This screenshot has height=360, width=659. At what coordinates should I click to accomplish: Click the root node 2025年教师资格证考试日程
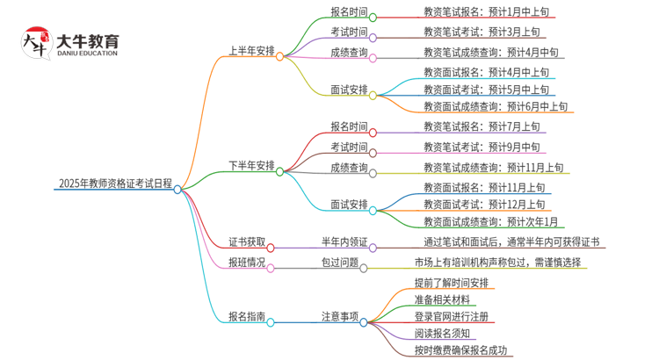[115, 184]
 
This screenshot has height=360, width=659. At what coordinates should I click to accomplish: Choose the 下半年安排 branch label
[251, 165]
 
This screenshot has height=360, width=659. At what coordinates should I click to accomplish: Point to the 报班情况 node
[245, 262]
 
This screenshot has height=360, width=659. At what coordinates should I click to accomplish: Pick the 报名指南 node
[245, 317]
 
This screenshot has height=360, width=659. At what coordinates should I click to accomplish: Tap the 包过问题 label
[339, 262]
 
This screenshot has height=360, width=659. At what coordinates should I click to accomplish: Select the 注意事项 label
[339, 317]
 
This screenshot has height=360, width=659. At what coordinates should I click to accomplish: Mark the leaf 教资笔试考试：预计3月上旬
[482, 33]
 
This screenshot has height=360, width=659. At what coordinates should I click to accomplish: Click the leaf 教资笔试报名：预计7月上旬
[482, 127]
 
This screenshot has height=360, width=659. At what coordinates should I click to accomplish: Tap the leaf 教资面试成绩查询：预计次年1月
[490, 222]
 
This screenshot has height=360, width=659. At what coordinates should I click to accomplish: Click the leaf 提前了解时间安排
[452, 283]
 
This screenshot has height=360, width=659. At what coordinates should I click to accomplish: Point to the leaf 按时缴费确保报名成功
[461, 351]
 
